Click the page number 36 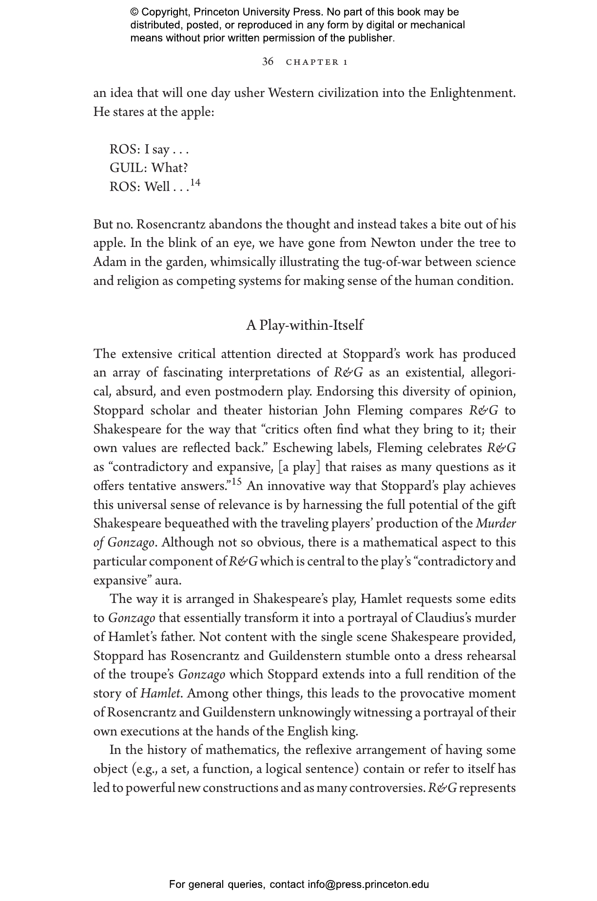(268, 61)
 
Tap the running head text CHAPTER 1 (317, 62)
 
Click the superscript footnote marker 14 (195, 183)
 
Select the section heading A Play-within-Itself (305, 325)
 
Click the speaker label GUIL (128, 168)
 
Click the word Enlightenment (472, 93)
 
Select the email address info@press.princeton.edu (368, 884)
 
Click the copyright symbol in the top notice (135, 12)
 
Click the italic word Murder (496, 524)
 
